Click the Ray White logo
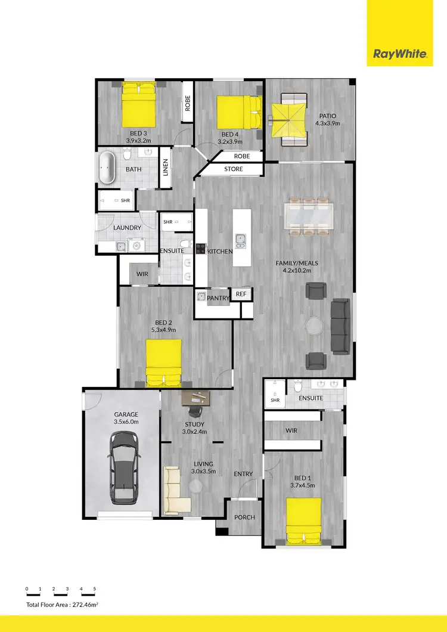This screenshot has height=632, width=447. coord(400,54)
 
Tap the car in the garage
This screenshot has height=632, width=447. coord(124,467)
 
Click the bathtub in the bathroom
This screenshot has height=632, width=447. coord(108,168)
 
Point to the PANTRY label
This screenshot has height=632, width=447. coord(218,296)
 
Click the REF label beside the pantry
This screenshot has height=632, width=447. coord(241,294)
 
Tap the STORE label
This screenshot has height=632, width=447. coord(234,169)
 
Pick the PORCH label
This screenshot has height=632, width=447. coord(244,517)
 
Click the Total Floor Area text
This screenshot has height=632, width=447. coord(61,605)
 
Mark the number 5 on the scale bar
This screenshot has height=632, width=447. coord(94,589)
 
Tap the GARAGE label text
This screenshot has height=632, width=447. coord(126,414)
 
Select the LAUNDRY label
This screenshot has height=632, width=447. coord(127,228)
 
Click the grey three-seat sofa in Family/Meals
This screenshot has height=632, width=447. coord(340,326)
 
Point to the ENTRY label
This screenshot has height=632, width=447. coord(243,474)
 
